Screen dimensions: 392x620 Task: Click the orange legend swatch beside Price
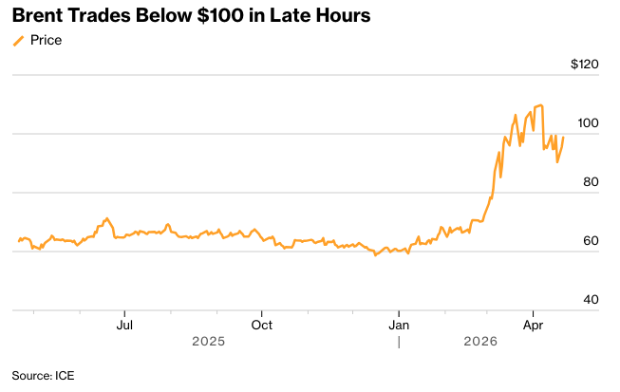coord(18,41)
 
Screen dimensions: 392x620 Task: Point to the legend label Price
coord(46,41)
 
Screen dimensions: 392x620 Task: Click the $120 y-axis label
coord(585,65)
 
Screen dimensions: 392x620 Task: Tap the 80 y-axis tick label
coord(591,182)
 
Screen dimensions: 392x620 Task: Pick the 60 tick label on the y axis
coord(591,241)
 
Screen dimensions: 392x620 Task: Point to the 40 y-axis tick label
coord(591,300)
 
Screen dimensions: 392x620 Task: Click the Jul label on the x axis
coord(123,324)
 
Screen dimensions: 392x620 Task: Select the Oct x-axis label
coord(262,324)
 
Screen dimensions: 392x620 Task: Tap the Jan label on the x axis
coord(400,324)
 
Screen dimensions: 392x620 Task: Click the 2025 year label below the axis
coord(208,340)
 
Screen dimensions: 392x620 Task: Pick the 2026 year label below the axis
coord(479,340)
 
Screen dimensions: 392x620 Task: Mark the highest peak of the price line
coord(541,104)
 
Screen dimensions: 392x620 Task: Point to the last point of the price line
coord(564,138)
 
